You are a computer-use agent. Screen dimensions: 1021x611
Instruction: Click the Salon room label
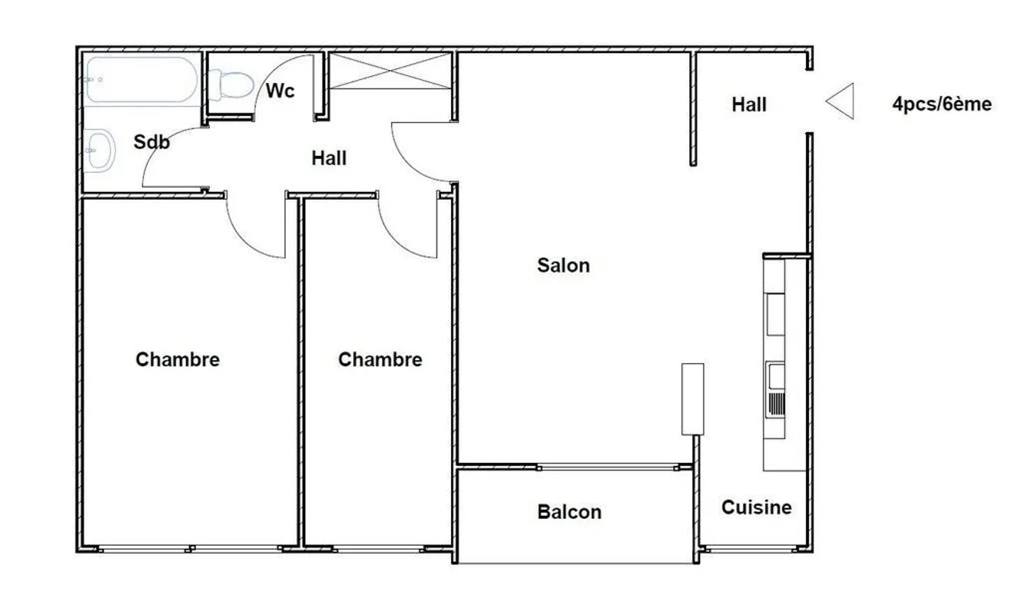pos(564,266)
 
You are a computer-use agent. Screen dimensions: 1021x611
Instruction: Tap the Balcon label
pos(569,512)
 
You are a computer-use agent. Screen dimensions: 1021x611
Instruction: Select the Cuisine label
pos(757,508)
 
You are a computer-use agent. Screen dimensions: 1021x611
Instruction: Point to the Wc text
pos(280,91)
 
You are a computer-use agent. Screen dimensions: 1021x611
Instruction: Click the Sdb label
pos(151,142)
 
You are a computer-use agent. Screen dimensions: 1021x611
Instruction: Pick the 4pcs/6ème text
pos(942,104)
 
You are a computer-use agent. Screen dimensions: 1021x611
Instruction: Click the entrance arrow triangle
pos(839,101)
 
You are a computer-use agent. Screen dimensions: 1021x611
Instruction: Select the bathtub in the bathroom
pos(142,79)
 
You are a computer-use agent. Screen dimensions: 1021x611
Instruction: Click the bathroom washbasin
pos(99,150)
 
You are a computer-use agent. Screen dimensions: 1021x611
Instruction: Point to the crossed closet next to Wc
pos(390,71)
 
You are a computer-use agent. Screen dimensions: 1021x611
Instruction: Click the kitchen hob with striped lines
pos(776,404)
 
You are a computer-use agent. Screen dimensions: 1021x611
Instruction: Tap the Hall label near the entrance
pos(749,105)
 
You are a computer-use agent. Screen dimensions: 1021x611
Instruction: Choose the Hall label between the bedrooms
pos(329,159)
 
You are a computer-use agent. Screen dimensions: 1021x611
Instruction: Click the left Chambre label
pos(178,359)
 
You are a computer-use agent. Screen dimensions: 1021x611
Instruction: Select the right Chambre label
pos(380,359)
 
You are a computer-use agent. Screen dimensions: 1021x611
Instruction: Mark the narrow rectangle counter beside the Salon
pos(693,399)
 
